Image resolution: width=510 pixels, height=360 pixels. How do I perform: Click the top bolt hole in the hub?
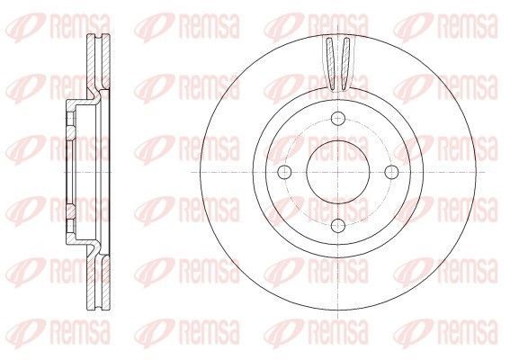[x=338, y=118]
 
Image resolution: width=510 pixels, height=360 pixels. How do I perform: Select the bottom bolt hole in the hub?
[x=338, y=225]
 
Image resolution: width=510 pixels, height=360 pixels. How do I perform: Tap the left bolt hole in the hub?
[x=285, y=172]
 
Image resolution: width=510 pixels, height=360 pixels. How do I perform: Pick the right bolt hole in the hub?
[x=391, y=172]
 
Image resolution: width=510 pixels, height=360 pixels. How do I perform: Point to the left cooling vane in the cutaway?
[x=330, y=64]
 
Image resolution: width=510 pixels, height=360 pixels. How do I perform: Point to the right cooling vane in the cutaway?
[x=345, y=64]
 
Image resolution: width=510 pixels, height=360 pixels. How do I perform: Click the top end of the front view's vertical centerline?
[x=338, y=24]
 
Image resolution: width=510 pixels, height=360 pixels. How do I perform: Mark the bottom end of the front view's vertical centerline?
[x=338, y=319]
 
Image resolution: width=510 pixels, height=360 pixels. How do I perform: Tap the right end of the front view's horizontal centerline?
[x=486, y=172]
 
